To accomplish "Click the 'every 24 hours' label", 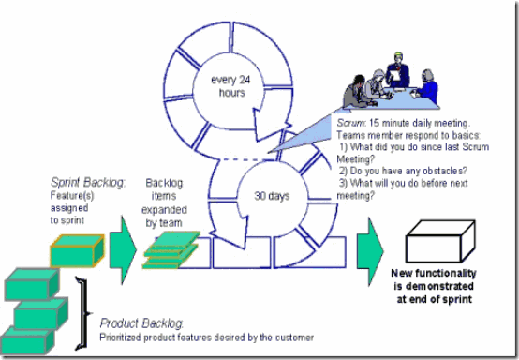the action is click(x=231, y=86).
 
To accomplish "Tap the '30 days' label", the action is click(x=272, y=196).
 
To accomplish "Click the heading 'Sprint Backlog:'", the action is click(x=88, y=183).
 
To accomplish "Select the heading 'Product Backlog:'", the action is click(x=141, y=323).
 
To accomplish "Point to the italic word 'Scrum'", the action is click(x=351, y=123).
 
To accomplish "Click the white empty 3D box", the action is click(x=440, y=242).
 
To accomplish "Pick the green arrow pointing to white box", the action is click(x=370, y=251).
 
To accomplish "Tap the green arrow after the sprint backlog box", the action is click(x=123, y=250).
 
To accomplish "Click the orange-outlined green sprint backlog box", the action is click(x=77, y=250).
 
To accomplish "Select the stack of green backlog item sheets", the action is click(x=171, y=250).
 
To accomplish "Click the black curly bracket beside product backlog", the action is click(x=82, y=313).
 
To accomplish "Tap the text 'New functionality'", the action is click(x=434, y=273).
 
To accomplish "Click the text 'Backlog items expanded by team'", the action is click(x=164, y=202).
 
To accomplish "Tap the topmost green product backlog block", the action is click(x=32, y=284).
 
